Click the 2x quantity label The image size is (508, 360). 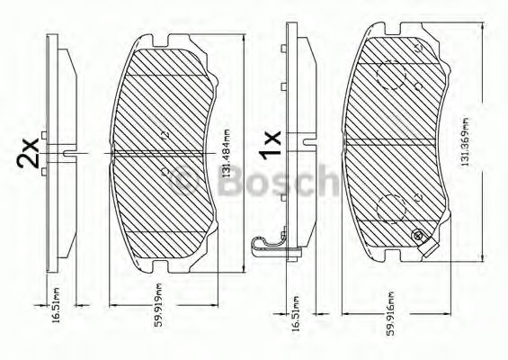(27, 154)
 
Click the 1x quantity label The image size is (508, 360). (270, 141)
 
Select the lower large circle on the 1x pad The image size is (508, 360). (388, 209)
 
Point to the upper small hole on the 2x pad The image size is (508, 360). (163, 135)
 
